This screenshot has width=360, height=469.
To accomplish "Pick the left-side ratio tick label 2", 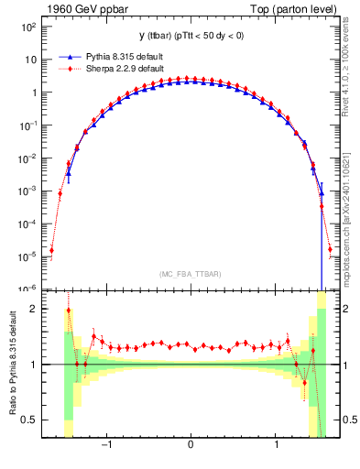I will (x=33, y=309).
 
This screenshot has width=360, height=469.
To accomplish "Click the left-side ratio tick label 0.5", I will (x=28, y=420).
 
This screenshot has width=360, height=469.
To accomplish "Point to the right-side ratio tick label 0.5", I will (x=349, y=420).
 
